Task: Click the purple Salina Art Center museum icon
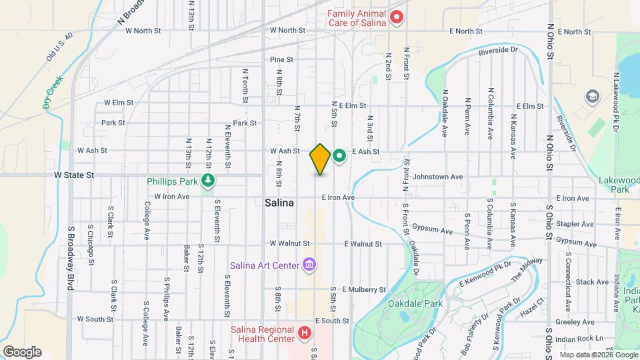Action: click(x=309, y=265)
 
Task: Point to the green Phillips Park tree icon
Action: click(x=209, y=180)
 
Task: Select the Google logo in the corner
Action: click(x=22, y=351)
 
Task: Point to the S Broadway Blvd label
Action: click(x=69, y=246)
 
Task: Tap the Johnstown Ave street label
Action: click(x=437, y=177)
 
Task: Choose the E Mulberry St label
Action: click(x=364, y=290)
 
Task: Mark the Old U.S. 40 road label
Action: click(x=59, y=47)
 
